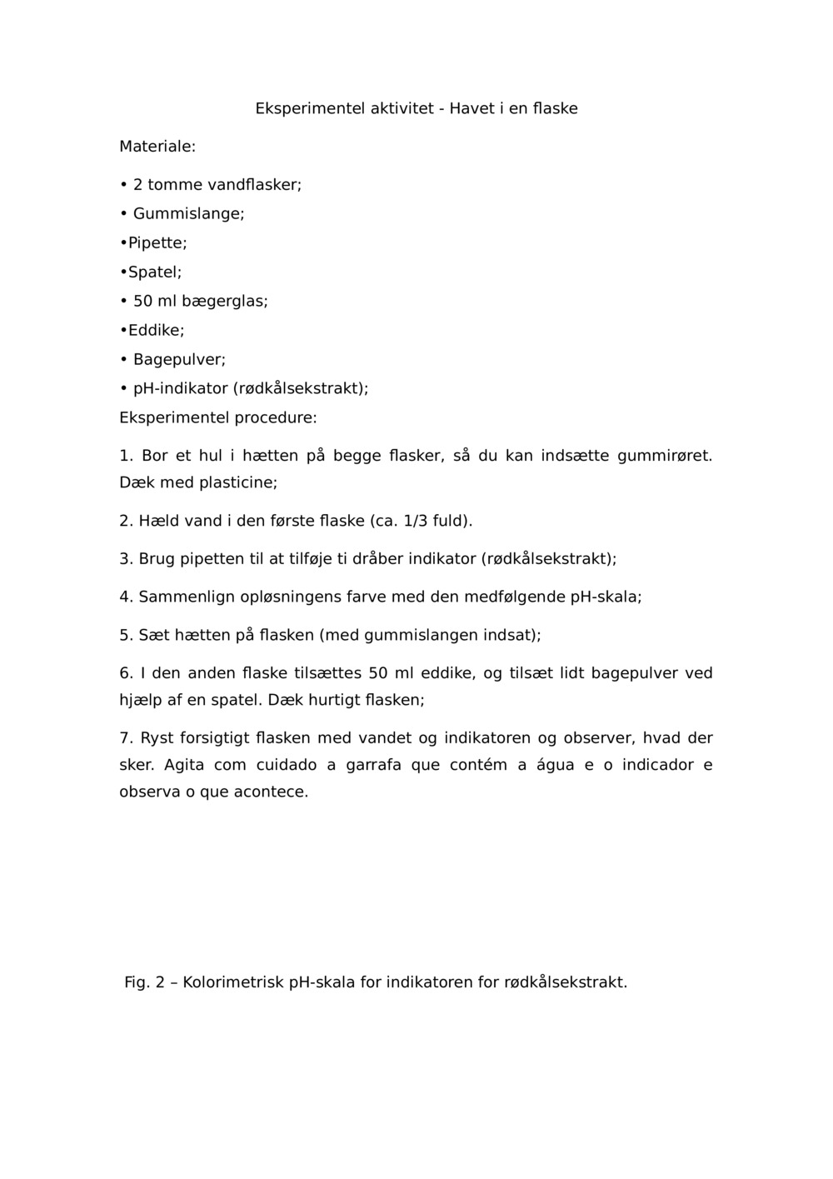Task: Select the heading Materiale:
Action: pyautogui.click(x=157, y=147)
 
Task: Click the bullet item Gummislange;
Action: pyautogui.click(x=188, y=214)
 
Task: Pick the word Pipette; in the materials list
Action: pyautogui.click(x=157, y=243)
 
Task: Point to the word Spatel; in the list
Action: pyautogui.click(x=155, y=272)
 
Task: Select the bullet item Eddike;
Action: pyautogui.click(x=156, y=331)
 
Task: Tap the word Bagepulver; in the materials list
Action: pyautogui.click(x=179, y=360)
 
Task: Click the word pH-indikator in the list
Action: pyautogui.click(x=180, y=389)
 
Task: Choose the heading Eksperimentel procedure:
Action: pyautogui.click(x=218, y=417)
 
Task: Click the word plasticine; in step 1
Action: pyautogui.click(x=238, y=482)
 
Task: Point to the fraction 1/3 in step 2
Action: pyautogui.click(x=414, y=522)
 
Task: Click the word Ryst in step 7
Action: pyautogui.click(x=158, y=738)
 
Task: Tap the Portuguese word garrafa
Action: pyautogui.click(x=374, y=765)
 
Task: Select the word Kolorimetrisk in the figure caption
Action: pyautogui.click(x=233, y=982)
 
